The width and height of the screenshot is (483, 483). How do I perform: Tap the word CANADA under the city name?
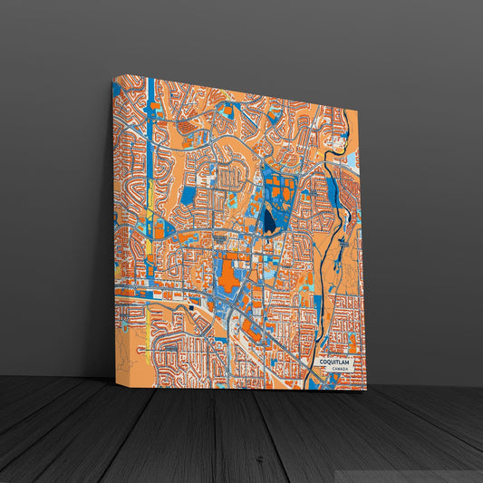click(340, 370)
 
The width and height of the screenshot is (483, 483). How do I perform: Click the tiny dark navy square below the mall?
click(192, 308)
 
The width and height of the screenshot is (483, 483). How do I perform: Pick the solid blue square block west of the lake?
click(188, 195)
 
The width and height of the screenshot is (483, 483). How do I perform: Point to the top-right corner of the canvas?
click(358, 111)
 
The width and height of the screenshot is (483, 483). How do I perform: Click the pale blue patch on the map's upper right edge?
click(354, 163)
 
